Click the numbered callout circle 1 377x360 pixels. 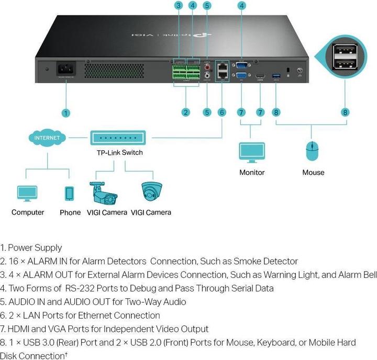[x=65, y=113]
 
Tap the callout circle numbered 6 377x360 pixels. [x=221, y=113]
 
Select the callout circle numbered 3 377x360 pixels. [x=179, y=6]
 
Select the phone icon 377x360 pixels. [x=69, y=193]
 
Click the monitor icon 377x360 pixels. [x=251, y=152]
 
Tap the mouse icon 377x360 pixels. [x=313, y=151]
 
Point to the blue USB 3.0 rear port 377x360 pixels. [x=276, y=77]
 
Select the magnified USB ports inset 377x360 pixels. [x=345, y=57]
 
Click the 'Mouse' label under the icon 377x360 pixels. [x=313, y=172]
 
